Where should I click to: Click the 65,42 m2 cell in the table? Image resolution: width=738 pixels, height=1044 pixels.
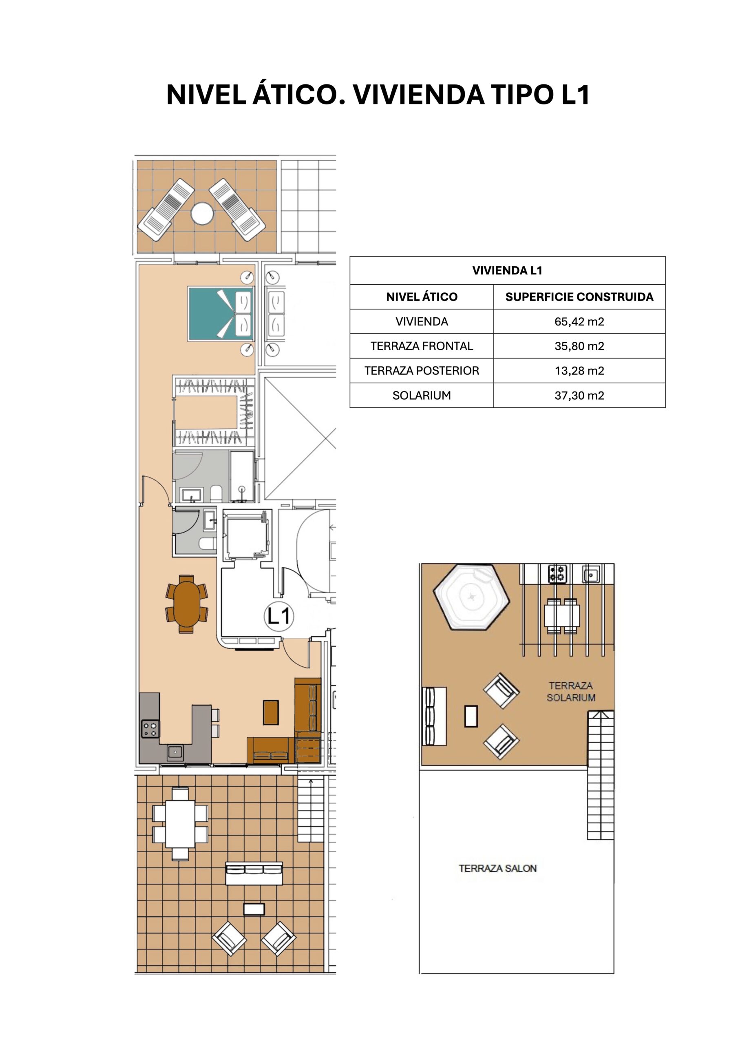coord(579,322)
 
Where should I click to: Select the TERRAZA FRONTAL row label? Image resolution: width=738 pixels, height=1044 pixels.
coord(422,347)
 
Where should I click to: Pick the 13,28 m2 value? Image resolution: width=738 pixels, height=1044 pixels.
coord(579,371)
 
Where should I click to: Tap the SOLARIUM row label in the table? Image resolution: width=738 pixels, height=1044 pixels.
coord(422,396)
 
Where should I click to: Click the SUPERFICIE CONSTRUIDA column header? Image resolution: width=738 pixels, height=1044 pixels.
coord(579,297)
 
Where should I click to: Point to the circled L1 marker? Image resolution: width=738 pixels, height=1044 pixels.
coord(279,617)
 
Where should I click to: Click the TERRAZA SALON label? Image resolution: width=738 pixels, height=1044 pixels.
coord(497,869)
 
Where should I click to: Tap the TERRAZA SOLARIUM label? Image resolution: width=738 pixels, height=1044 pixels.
coord(571,692)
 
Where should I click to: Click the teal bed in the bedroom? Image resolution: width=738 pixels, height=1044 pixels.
coord(221,313)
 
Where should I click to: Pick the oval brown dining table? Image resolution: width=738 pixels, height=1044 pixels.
coord(187,604)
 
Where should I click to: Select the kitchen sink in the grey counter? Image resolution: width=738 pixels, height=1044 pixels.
coord(175,752)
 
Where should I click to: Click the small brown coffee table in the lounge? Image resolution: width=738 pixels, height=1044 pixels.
coord(271,712)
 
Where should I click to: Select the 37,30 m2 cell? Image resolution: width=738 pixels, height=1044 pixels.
coord(579,396)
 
